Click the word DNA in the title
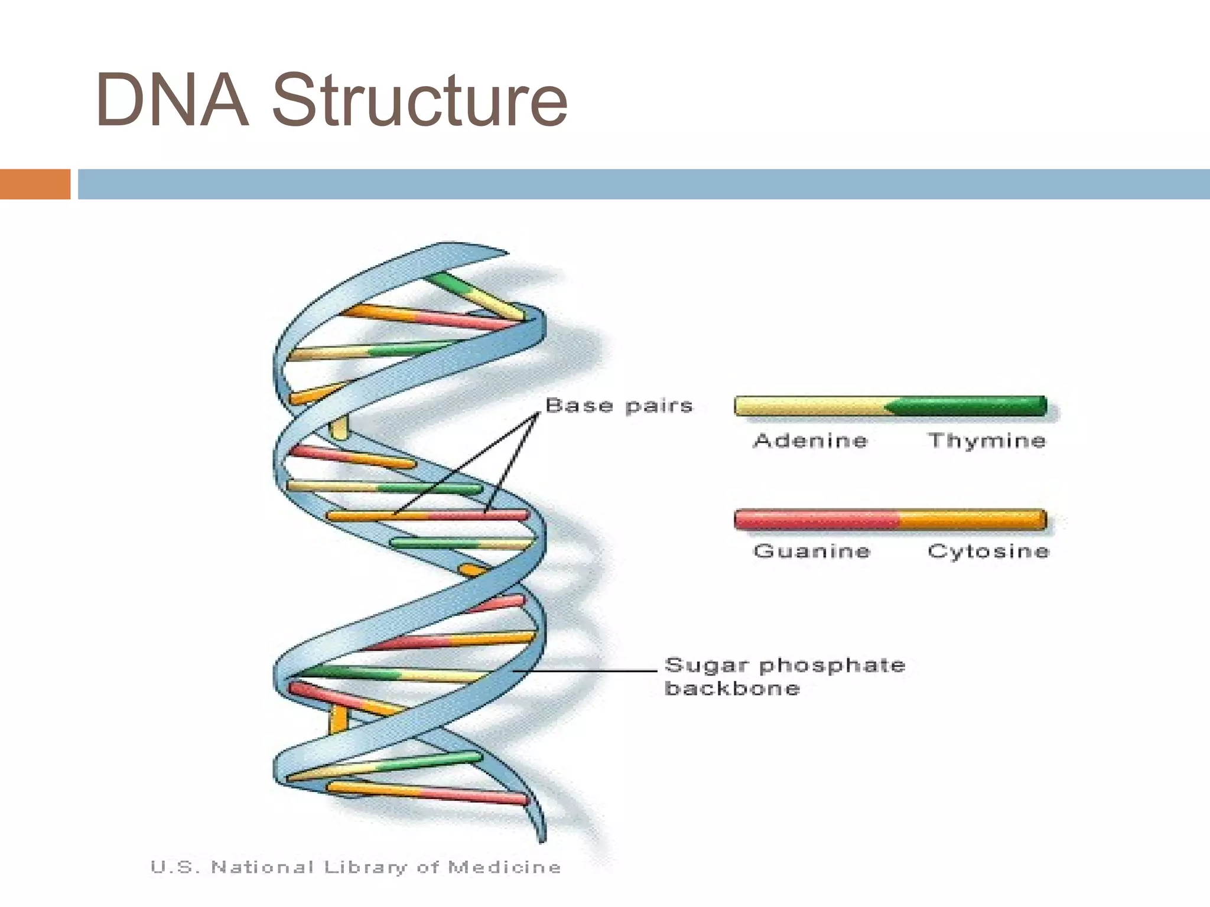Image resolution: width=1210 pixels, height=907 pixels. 171,100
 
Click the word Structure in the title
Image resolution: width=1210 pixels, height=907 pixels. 419,100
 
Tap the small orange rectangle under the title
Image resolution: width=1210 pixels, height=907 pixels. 35,184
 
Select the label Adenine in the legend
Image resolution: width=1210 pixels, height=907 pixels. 810,441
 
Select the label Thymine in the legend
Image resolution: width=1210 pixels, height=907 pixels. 987,441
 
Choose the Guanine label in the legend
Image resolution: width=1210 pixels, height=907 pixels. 812,551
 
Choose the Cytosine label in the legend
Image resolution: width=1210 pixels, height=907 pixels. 988,551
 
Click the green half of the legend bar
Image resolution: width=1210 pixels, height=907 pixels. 969,406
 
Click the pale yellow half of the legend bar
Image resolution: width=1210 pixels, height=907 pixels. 809,406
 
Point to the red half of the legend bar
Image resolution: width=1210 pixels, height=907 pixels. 815,520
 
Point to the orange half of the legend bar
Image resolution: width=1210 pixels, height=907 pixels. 972,520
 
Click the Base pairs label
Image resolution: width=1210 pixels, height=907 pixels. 619,406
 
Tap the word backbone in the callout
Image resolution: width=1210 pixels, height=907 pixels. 732,689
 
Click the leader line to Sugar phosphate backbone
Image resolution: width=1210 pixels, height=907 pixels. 585,671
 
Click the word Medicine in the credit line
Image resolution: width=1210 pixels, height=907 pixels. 504,867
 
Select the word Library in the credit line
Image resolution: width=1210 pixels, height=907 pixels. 365,867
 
